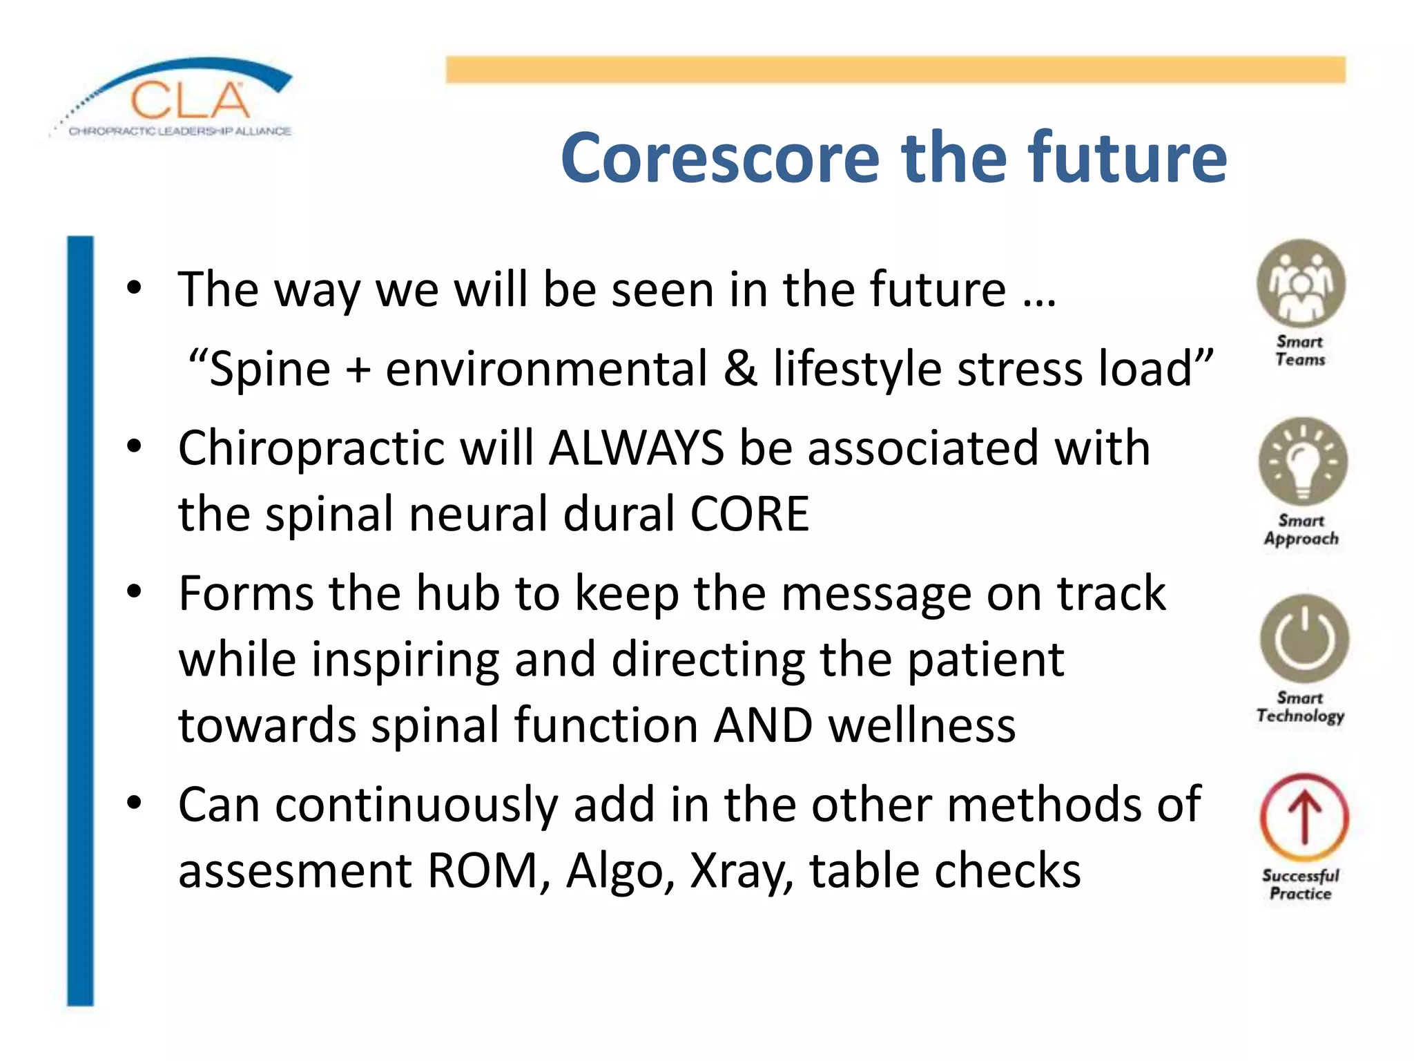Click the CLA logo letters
point(190,101)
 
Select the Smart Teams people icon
point(1301,284)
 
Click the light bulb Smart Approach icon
point(1302,461)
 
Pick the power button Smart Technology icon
point(1304,639)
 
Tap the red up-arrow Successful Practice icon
point(1304,817)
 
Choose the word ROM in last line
point(482,870)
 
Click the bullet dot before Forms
point(134,593)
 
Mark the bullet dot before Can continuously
point(134,803)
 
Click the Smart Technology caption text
point(1300,707)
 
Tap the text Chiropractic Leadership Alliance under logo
point(180,131)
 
